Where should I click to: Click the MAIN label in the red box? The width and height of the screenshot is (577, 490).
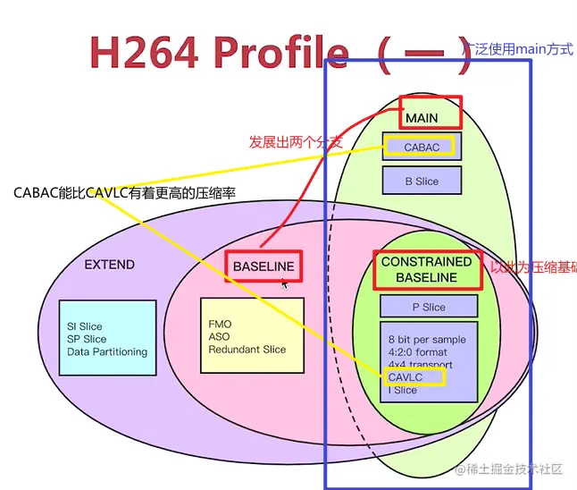click(422, 118)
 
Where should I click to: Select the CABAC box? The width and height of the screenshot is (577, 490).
click(421, 147)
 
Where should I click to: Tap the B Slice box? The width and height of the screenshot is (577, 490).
click(422, 181)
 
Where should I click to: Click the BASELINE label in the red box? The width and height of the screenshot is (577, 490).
click(263, 266)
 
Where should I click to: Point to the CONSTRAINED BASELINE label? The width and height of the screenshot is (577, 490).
click(426, 269)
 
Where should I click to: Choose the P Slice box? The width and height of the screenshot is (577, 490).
click(428, 307)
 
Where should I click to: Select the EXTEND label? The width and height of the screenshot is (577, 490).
click(109, 265)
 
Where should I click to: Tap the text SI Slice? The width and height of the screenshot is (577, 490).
click(85, 326)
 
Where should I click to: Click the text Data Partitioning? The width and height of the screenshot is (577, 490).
click(107, 351)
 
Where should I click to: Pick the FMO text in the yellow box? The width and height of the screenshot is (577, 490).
click(220, 323)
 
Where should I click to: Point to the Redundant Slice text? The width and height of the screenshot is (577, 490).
click(247, 349)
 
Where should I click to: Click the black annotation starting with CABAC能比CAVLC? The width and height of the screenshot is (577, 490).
click(125, 192)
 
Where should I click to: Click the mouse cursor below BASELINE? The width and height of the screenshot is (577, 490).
click(285, 284)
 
